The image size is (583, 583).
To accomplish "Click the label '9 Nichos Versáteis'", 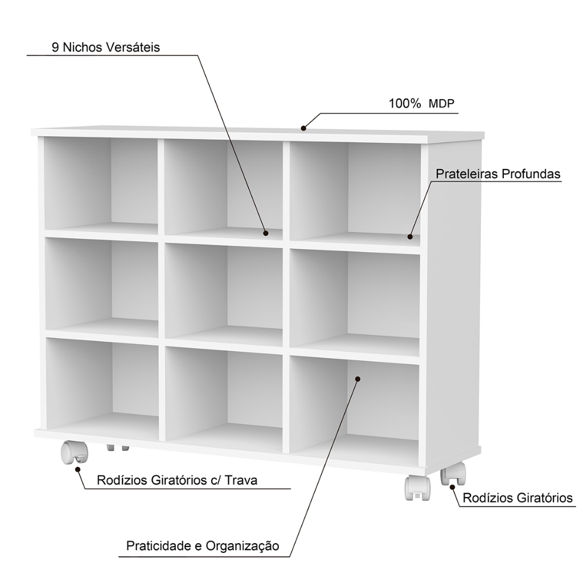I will [106, 47].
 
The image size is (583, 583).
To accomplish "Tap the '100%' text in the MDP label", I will [405, 104].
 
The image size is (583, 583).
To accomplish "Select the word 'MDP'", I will [442, 104].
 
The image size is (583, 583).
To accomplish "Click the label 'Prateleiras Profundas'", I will [498, 174].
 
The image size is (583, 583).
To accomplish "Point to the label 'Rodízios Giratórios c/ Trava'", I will [177, 480].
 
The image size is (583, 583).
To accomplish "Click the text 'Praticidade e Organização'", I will [203, 546].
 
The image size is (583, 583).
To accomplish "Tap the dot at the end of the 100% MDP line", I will [303, 128].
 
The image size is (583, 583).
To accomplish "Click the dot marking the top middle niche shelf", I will [265, 233].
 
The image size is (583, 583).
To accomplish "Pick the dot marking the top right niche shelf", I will [409, 236].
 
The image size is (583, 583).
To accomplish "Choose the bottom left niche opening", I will [102, 384].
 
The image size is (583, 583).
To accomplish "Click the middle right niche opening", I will [354, 299].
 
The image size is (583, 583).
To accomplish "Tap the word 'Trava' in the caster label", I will [241, 480].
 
